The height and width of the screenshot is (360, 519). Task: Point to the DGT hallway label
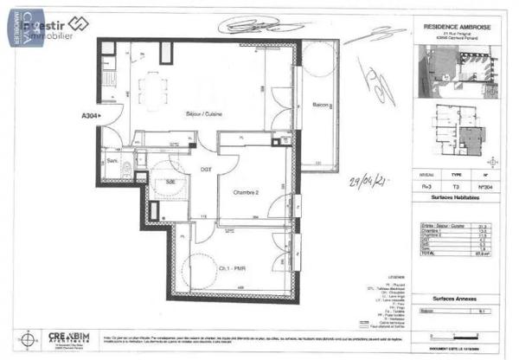click(x=207, y=169)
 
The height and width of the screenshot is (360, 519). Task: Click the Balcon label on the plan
click(x=313, y=105)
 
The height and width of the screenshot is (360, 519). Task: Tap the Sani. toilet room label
click(x=112, y=161)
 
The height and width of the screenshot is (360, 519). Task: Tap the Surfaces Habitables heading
click(x=455, y=197)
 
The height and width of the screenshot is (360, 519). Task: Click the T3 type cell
click(x=455, y=186)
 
